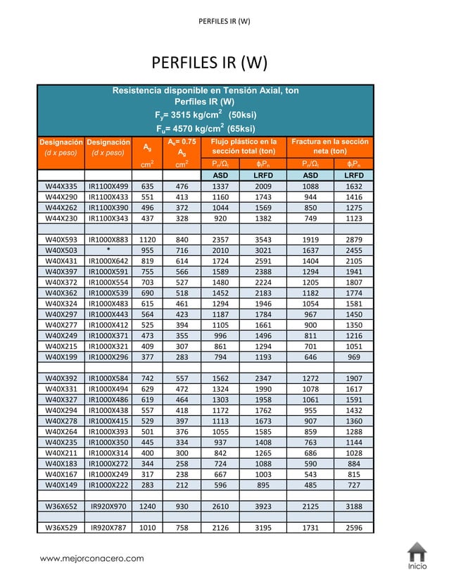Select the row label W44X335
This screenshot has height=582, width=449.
[61, 186]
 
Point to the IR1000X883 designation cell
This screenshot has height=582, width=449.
[108, 240]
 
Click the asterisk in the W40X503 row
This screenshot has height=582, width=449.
[108, 250]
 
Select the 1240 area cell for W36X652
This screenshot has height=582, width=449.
[148, 507]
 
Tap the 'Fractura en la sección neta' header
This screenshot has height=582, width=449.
[329, 147]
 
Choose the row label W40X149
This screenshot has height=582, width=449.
[61, 485]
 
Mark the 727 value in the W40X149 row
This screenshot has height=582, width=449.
[354, 485]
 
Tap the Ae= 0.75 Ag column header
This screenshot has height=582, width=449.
[182, 147]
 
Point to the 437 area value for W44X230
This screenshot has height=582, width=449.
[148, 218]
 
